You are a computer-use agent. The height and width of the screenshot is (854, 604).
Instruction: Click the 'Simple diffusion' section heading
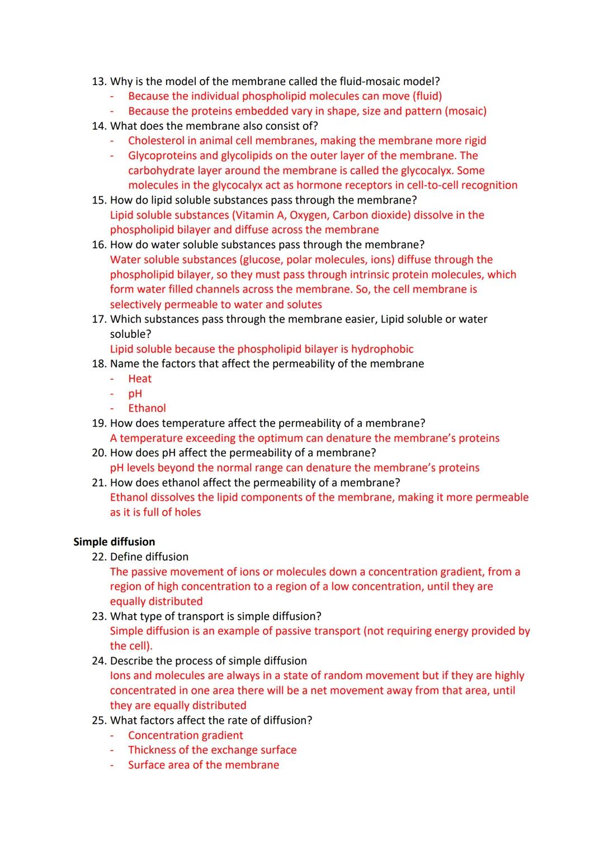click(114, 541)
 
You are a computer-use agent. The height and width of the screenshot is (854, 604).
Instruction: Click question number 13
click(98, 81)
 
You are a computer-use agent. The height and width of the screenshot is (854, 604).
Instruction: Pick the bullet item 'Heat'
click(140, 379)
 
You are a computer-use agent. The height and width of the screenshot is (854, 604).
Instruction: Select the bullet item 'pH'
click(135, 393)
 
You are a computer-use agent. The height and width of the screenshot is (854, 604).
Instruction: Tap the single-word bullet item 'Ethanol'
click(147, 408)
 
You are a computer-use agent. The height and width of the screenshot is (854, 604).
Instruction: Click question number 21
click(98, 482)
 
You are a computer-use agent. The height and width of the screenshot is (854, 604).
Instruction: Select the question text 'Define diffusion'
click(149, 556)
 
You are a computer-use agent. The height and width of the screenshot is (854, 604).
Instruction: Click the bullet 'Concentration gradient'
click(185, 735)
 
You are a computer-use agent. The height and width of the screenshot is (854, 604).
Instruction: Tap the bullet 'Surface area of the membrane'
click(203, 765)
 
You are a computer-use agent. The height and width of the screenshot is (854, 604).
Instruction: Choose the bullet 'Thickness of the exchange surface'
click(212, 750)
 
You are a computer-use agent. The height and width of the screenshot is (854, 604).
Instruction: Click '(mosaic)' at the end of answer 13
click(465, 111)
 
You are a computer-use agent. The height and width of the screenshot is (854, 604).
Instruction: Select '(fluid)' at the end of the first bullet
click(427, 96)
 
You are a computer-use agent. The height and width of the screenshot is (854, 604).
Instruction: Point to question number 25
click(98, 720)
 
